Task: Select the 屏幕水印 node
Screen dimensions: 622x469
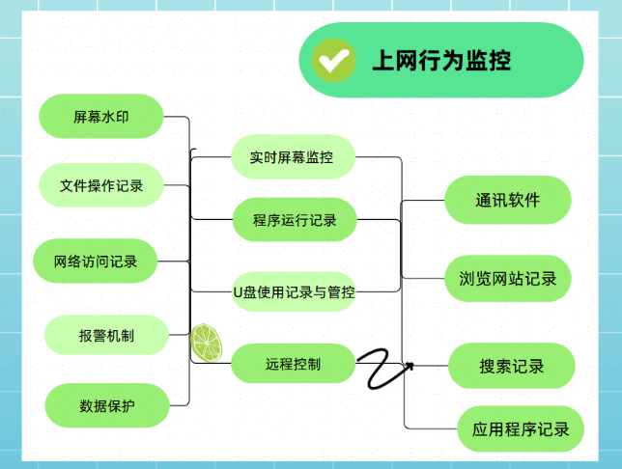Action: click(x=99, y=117)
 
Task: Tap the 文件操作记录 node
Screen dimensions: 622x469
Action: click(x=100, y=185)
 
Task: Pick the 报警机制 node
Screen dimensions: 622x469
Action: click(x=106, y=335)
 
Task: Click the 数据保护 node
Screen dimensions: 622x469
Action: click(x=106, y=405)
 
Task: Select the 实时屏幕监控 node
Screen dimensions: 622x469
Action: click(x=291, y=156)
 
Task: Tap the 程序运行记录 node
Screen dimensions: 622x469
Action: click(x=295, y=220)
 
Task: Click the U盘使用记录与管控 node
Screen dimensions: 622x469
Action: click(x=294, y=290)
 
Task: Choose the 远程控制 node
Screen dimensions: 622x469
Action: click(x=294, y=364)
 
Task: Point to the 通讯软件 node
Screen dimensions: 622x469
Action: click(x=507, y=200)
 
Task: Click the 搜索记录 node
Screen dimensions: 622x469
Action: click(x=511, y=366)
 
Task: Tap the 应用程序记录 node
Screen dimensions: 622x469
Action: click(x=521, y=428)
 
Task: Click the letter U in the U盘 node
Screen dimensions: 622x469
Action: click(x=239, y=290)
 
